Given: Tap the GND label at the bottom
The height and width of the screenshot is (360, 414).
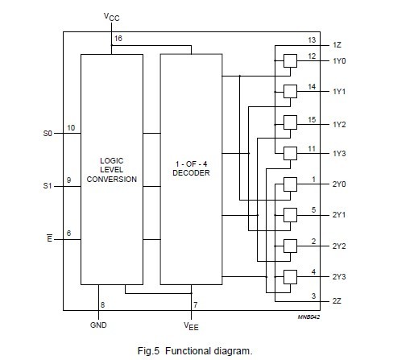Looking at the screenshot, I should click(x=98, y=325).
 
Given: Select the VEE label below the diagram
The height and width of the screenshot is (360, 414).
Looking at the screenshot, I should click(x=193, y=326).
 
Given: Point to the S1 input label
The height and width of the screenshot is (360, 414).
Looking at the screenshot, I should click(x=47, y=185).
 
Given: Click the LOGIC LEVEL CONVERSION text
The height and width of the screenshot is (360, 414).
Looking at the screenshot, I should click(x=111, y=169).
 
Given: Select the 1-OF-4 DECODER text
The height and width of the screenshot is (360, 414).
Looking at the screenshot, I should click(x=191, y=169).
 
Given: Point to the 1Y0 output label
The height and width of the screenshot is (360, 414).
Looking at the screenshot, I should click(x=339, y=60).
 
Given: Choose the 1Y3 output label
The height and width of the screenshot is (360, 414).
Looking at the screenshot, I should click(x=339, y=153).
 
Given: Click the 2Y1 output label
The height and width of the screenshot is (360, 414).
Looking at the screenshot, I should click(x=339, y=215).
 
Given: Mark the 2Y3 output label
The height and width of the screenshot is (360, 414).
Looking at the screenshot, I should click(x=339, y=277).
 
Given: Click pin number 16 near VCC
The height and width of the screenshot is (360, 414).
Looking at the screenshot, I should click(x=118, y=38).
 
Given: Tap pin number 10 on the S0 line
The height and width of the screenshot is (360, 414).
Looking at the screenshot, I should click(x=71, y=127).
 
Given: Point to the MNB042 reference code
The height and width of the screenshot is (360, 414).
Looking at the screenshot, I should click(x=309, y=317).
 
